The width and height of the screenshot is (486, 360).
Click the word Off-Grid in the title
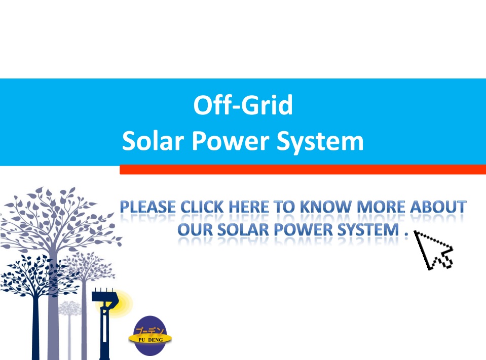243,105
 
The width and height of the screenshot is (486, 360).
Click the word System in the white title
320,142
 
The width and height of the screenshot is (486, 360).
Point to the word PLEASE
147,207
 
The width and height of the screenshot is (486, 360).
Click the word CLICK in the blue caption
202,207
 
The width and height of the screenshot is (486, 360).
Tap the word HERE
249,207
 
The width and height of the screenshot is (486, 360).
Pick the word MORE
381,207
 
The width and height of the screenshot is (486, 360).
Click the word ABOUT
438,207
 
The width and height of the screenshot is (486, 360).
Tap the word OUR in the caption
195,230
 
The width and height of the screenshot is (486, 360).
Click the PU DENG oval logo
151,336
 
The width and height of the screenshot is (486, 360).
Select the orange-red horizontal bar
303,170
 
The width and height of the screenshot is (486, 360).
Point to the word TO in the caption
284,207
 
